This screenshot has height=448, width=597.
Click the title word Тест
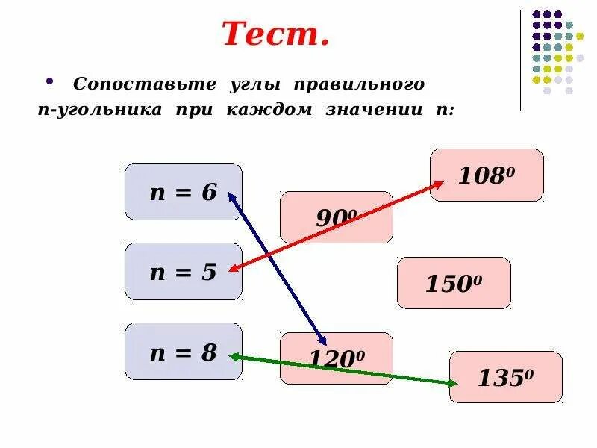point(275,34)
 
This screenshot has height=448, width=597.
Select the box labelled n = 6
point(183,192)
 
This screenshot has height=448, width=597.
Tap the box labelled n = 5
point(183,271)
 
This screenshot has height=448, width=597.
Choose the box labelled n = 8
point(183,351)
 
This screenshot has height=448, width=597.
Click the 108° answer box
point(487,175)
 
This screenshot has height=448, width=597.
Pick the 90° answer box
point(336,217)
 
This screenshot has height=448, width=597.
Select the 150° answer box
point(454,283)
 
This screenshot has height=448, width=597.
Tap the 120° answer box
point(336,358)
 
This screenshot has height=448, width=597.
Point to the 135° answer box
point(506,377)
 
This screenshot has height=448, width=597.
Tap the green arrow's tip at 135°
point(457,384)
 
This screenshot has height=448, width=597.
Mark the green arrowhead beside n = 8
point(232,357)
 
